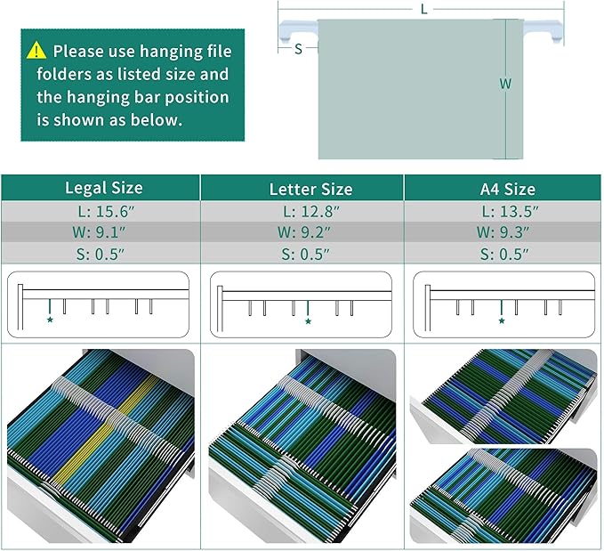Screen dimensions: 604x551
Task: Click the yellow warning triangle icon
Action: point(36,50)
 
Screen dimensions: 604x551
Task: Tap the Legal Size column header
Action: point(103,188)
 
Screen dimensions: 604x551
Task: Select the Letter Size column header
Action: point(310,189)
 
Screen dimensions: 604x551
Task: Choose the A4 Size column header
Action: point(507,189)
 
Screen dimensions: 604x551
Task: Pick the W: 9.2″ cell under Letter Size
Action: point(304,232)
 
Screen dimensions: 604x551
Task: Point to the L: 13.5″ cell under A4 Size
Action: point(510,211)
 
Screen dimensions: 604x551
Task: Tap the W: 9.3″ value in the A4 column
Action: point(503,232)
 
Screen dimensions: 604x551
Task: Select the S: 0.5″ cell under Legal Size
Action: point(101,254)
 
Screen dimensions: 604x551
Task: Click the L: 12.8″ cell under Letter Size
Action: point(311,211)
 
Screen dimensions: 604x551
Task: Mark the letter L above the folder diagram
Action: point(423,9)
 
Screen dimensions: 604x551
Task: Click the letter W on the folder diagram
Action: point(505,84)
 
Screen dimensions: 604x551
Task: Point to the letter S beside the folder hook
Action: point(298,49)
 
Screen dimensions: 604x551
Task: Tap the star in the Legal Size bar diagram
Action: point(50,320)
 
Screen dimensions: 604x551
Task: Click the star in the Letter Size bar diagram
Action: point(308,321)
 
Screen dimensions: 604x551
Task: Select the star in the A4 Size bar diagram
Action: point(502,320)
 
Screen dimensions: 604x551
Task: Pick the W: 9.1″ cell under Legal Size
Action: point(99,232)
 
